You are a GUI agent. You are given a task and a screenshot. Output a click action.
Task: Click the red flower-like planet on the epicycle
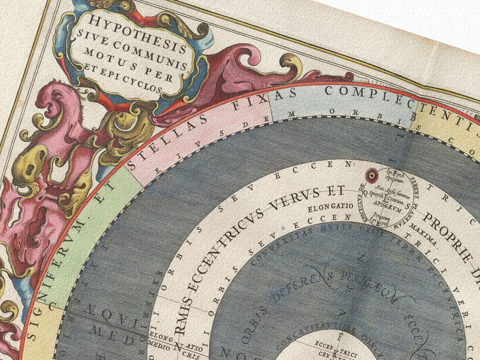pos(372,175)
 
